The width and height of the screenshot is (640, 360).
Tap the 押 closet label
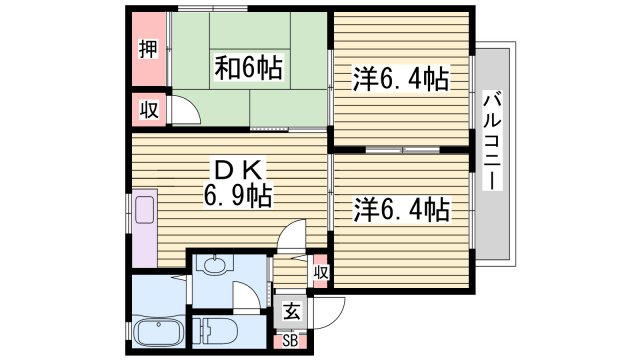point(147,49)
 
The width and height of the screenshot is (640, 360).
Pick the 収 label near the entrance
point(321,272)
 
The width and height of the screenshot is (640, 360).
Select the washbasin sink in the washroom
point(212,266)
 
